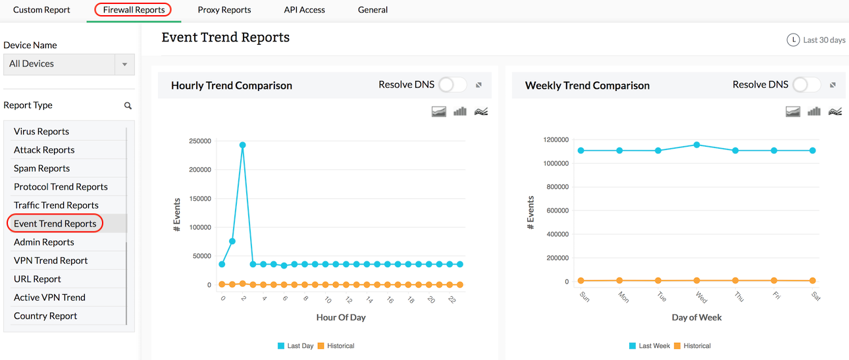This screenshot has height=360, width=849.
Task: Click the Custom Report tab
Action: point(41,10)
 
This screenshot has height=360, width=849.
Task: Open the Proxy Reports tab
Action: point(224,10)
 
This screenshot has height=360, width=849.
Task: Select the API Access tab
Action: point(304,10)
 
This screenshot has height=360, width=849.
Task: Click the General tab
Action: point(373,10)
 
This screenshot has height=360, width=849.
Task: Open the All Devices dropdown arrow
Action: point(124,64)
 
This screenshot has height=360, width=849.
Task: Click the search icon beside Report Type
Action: point(128,105)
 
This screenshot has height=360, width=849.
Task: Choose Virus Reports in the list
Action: point(41,132)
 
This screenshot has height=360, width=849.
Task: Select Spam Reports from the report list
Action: point(41,168)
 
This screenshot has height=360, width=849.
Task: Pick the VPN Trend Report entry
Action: point(51,261)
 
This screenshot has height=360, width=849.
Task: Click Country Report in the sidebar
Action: point(45,316)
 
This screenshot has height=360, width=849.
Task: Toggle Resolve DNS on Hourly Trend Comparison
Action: point(453,85)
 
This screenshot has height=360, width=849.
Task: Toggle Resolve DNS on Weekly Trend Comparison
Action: point(807,85)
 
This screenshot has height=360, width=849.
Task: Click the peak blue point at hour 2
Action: point(243,145)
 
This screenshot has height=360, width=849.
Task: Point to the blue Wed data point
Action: point(697,145)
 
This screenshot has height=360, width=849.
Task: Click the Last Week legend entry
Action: point(650,346)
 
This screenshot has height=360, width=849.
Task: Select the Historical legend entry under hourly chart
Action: point(336,346)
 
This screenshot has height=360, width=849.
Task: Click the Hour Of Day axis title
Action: point(341,317)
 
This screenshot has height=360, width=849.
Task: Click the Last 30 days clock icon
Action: point(793,40)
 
